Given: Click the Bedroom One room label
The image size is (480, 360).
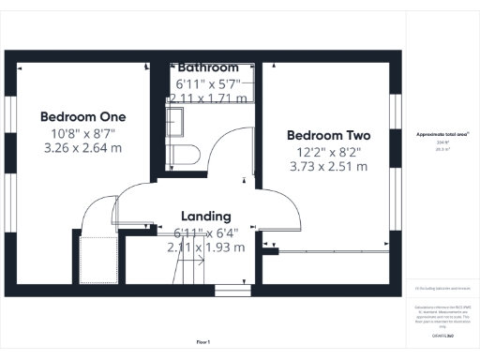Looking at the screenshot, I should [83, 116].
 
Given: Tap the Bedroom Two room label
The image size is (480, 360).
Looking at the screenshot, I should [326, 134].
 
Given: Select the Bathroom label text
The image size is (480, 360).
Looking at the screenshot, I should [208, 68].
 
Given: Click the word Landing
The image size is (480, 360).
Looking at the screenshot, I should [205, 216].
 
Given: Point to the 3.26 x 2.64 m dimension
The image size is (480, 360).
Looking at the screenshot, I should [83, 148].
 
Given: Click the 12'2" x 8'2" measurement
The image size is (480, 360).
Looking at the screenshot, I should [326, 151].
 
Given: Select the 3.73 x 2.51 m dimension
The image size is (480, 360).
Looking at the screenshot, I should [326, 166].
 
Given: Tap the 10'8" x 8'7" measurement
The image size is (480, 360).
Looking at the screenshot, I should [83, 133].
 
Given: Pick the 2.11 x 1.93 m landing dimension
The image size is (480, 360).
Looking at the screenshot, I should [205, 247].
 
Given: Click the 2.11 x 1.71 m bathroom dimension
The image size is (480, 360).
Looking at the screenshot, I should [208, 97].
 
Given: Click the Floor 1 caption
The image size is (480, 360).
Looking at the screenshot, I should [203, 342].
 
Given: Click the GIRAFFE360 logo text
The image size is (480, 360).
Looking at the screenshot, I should [442, 335].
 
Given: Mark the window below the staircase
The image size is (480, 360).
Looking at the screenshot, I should [228, 288].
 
